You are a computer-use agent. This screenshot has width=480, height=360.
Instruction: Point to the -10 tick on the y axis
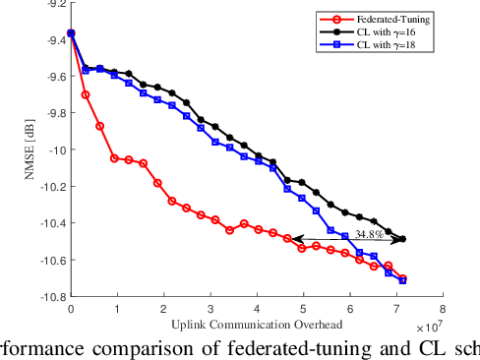pyautogui.click(x=51, y=150)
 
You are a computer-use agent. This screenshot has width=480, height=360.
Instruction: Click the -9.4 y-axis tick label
pyautogui.click(x=47, y=39)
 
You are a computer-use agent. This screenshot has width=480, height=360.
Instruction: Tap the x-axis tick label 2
pyautogui.click(x=163, y=308)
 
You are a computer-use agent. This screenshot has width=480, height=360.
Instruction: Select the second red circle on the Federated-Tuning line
pyautogui.click(x=86, y=94)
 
